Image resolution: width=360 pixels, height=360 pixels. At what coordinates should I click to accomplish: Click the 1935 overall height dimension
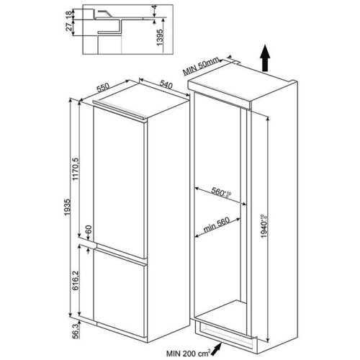[x=68, y=207]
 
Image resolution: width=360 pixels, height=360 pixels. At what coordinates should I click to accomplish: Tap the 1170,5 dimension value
[x=76, y=169]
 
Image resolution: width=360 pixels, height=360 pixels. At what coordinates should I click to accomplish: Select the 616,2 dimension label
[x=76, y=280]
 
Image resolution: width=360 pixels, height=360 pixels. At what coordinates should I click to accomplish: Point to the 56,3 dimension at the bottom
[x=76, y=331]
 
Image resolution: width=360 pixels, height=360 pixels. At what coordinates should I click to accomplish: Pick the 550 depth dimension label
[x=103, y=87]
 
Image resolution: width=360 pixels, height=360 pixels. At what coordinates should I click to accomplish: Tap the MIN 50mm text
[x=201, y=66]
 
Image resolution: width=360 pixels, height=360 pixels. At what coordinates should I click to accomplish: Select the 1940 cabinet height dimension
[x=264, y=226]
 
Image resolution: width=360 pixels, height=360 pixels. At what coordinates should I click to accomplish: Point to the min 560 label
[x=217, y=225]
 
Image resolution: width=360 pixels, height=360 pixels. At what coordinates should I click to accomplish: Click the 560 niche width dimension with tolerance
[x=221, y=192]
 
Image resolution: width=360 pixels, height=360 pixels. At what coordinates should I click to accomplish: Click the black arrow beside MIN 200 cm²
[x=217, y=349]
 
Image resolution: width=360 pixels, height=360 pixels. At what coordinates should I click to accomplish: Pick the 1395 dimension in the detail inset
[x=160, y=37]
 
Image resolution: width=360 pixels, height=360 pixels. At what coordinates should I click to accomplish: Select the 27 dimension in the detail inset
[x=69, y=27]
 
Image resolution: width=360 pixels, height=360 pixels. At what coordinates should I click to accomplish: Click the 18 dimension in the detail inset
[x=69, y=14]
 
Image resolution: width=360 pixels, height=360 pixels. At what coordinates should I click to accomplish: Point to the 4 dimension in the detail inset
[x=155, y=7]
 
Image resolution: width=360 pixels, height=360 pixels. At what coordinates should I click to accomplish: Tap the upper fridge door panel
[x=119, y=183]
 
